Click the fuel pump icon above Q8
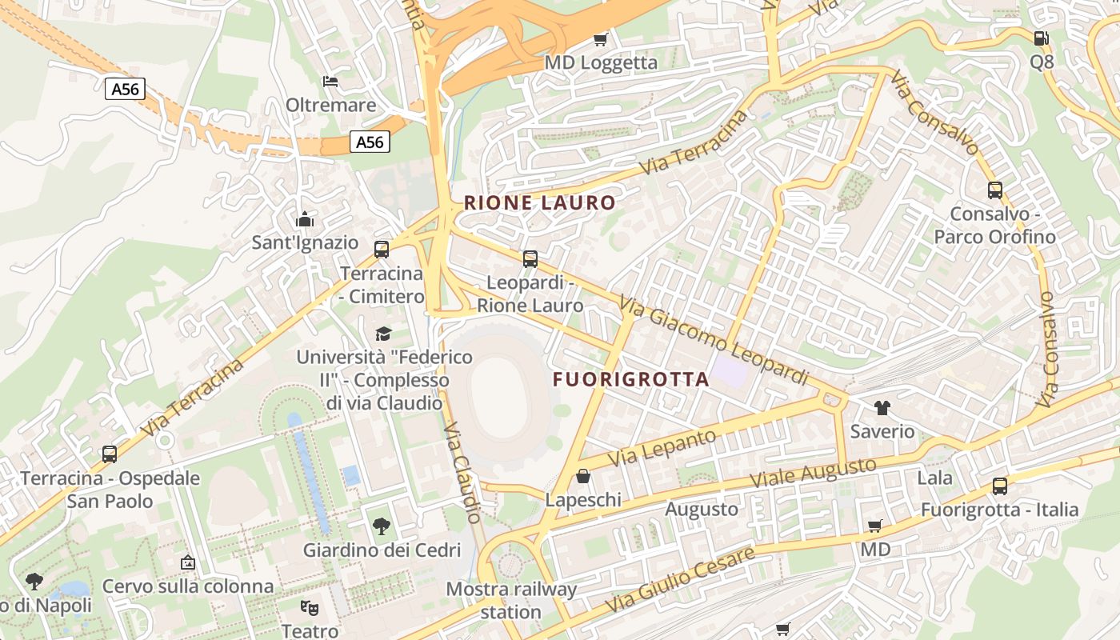point(1041,38)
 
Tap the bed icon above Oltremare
point(330,81)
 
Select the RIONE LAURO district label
point(539,203)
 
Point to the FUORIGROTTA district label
point(630,379)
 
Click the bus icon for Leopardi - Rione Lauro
point(530,258)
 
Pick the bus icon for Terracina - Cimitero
point(382,249)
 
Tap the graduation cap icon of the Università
point(384,333)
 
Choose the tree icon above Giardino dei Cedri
point(382,526)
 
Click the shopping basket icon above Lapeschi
point(583,476)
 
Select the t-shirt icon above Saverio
point(882,408)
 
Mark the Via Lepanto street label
point(662,449)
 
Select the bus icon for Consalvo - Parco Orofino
point(994,190)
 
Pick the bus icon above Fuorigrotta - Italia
point(999,486)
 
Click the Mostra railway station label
point(511,601)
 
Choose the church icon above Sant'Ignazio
point(305,219)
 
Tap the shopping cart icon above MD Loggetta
point(600,38)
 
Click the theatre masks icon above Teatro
point(310,607)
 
